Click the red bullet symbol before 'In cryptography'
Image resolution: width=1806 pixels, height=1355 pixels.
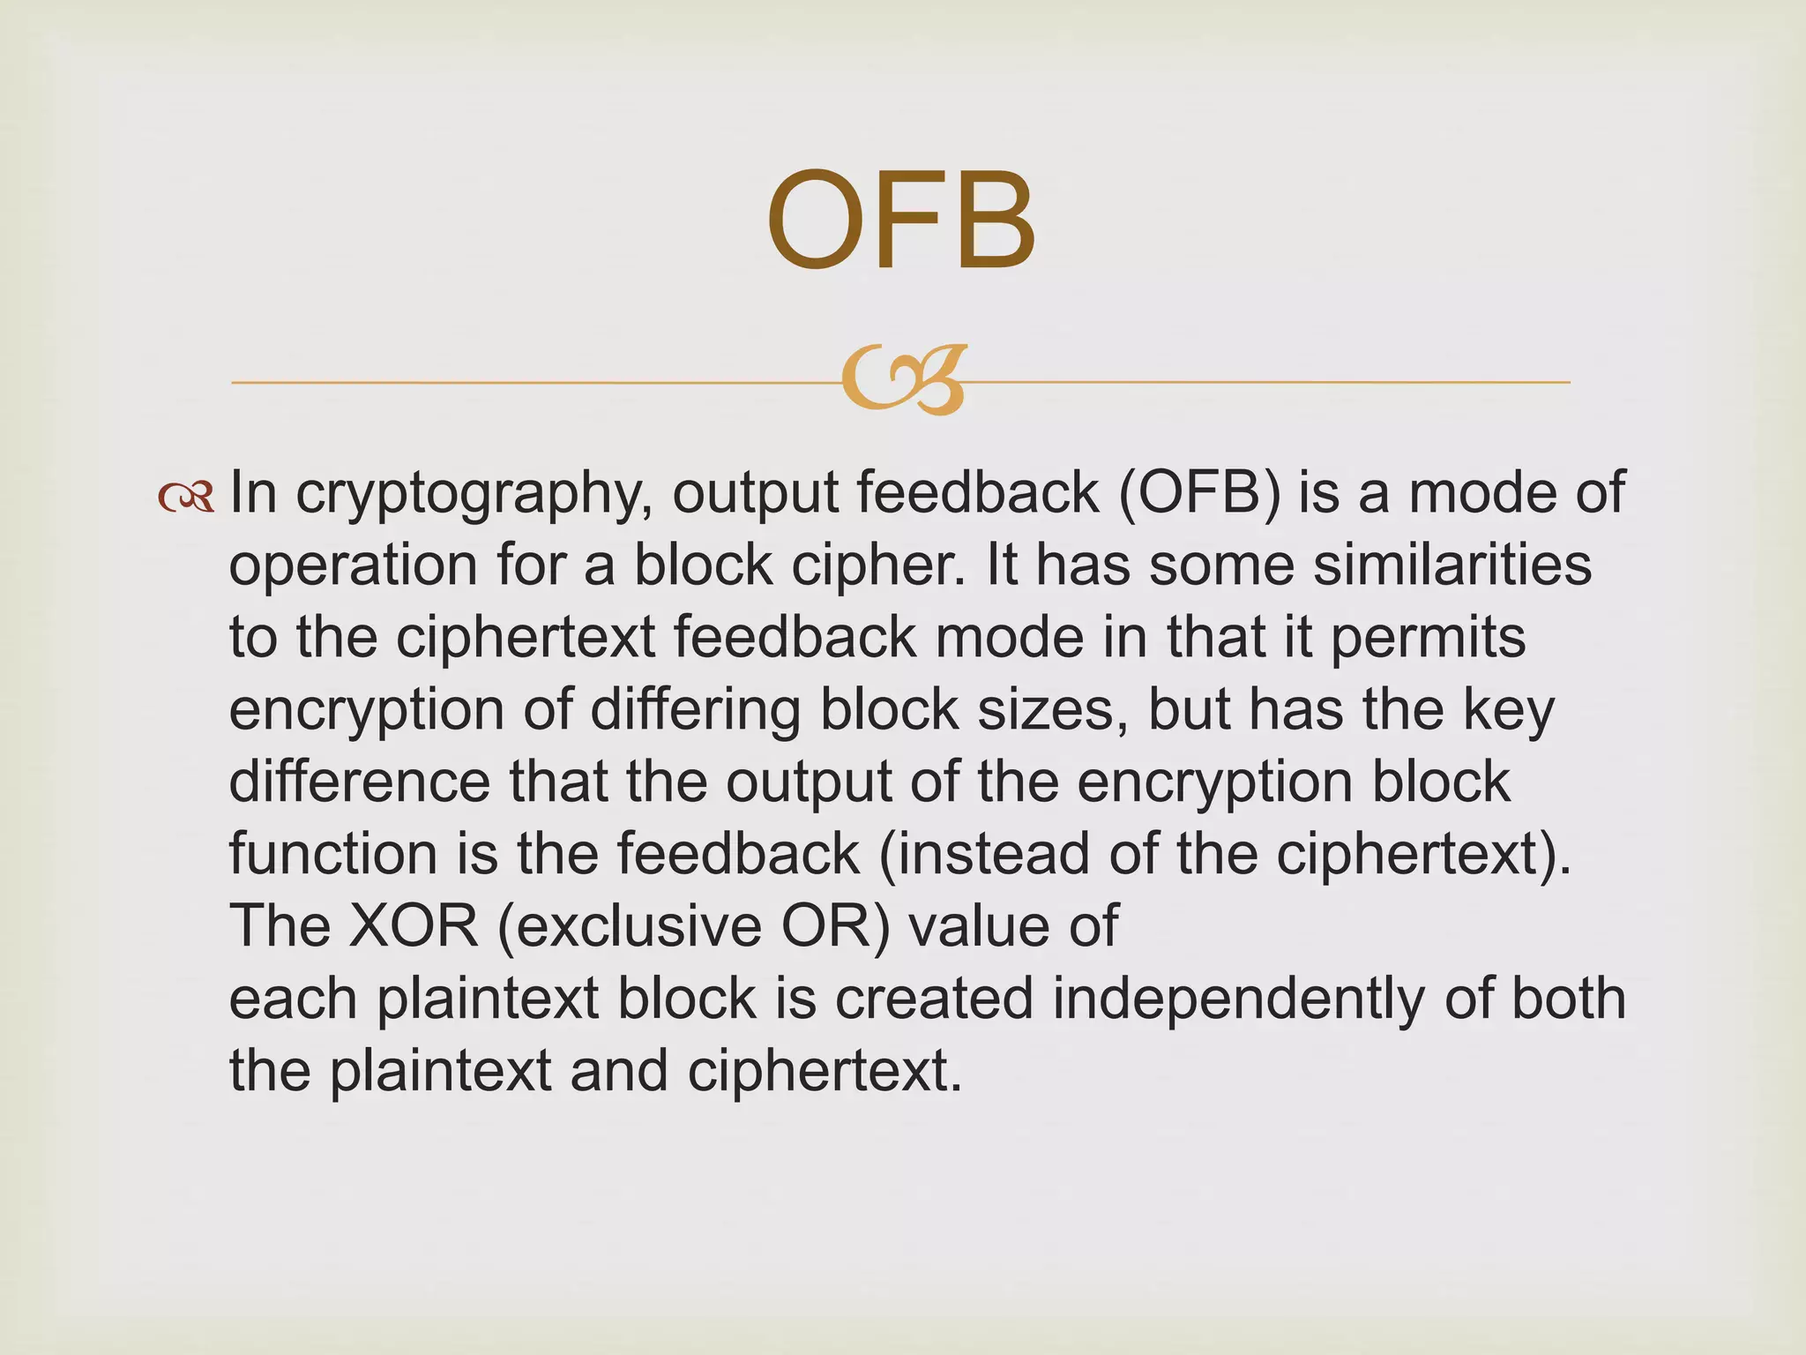click(x=186, y=498)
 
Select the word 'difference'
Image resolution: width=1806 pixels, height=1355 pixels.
click(x=359, y=782)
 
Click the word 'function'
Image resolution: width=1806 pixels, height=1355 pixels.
click(x=334, y=854)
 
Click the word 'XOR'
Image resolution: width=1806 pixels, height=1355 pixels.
click(x=414, y=926)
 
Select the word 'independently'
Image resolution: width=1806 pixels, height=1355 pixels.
click(x=1237, y=999)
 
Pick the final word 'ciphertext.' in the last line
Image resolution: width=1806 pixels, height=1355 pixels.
click(x=825, y=1071)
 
